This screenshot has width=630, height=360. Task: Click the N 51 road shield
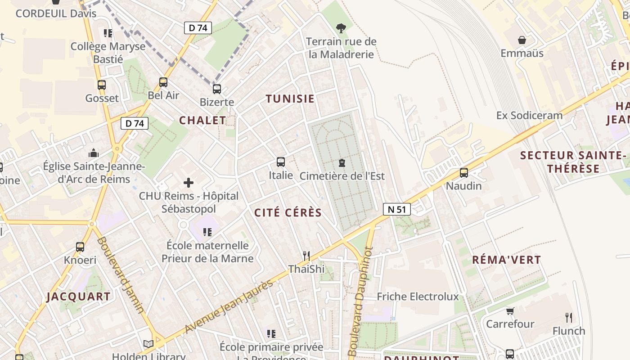(x=397, y=209)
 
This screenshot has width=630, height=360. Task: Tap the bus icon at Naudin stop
(x=463, y=173)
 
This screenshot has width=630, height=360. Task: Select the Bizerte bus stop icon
(x=217, y=89)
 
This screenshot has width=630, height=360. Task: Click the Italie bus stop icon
(x=281, y=162)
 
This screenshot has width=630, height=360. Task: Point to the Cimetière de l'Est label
(x=342, y=176)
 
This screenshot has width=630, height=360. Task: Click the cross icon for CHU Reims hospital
(x=189, y=183)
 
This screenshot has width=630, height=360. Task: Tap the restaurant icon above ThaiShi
(x=306, y=256)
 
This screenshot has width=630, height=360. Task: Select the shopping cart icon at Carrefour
(x=510, y=311)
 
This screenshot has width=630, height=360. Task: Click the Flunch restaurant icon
(x=569, y=318)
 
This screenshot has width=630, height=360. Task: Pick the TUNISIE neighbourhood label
(x=290, y=99)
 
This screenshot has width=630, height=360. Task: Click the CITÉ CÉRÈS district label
(x=288, y=213)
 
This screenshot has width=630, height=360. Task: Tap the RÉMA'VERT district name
(x=506, y=260)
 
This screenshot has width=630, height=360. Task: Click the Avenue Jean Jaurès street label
(x=229, y=306)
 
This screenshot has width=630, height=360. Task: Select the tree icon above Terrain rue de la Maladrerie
(x=341, y=28)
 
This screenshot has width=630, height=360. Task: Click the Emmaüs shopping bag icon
(x=522, y=40)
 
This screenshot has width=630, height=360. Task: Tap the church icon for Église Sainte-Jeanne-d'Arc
(x=94, y=153)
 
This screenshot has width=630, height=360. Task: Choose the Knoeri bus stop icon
(x=80, y=247)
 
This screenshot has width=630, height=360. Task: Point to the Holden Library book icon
(x=148, y=344)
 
